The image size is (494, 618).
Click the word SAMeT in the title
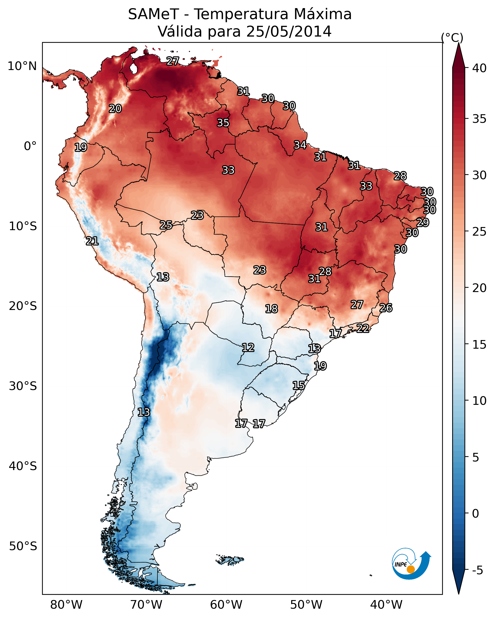[153, 14]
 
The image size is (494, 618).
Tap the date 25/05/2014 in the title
[288, 32]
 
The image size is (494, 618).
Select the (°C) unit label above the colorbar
[452, 38]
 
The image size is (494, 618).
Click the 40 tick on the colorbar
[479, 68]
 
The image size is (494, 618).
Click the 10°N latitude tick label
[22, 66]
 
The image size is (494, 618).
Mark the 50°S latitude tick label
[23, 546]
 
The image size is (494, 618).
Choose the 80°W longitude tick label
[66, 605]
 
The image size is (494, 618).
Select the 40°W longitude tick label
[386, 605]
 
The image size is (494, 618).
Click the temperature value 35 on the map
[223, 123]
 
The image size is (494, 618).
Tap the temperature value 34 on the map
[300, 145]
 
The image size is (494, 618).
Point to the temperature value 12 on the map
[248, 348]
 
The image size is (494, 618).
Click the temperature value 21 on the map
[92, 241]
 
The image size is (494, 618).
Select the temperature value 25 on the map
[166, 225]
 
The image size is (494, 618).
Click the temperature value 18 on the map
[271, 309]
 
